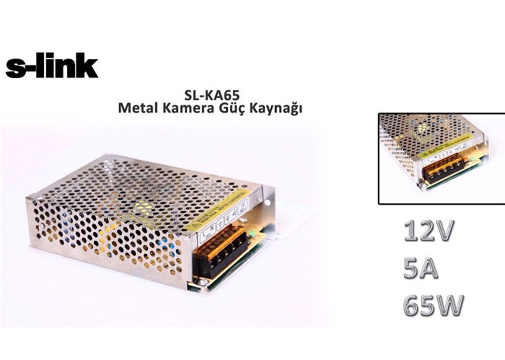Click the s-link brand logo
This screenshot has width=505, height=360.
pyautogui.click(x=52, y=67)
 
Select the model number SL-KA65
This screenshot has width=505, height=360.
pyautogui.click(x=212, y=96)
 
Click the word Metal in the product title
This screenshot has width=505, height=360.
pyautogui.click(x=136, y=108)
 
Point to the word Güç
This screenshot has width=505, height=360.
pyautogui.click(x=234, y=109)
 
